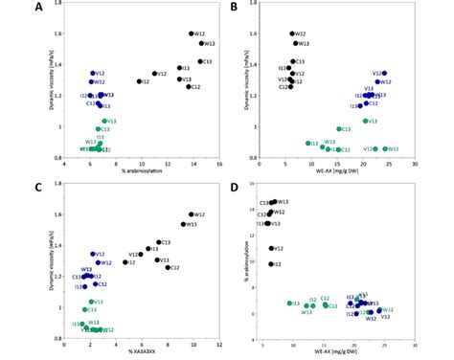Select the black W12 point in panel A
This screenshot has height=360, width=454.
(x=192, y=34)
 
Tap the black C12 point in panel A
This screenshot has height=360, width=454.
(x=190, y=87)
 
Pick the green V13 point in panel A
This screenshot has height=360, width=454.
(x=104, y=122)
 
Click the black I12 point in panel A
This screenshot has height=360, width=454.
(x=140, y=81)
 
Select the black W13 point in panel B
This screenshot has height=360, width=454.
(x=293, y=43)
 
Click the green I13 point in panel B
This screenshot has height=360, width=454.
(x=307, y=143)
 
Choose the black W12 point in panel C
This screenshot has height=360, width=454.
(x=192, y=214)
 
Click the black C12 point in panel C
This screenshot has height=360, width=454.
(x=168, y=267)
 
